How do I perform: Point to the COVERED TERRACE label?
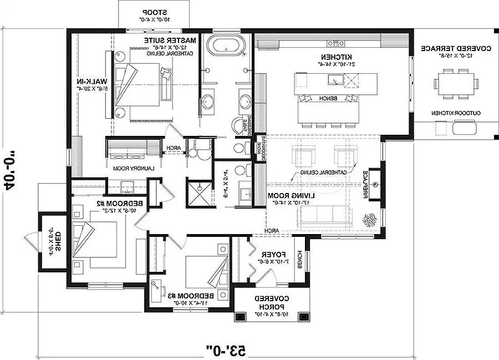(455, 49)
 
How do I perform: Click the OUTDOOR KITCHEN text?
(456, 113)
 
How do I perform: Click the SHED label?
(55, 241)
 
